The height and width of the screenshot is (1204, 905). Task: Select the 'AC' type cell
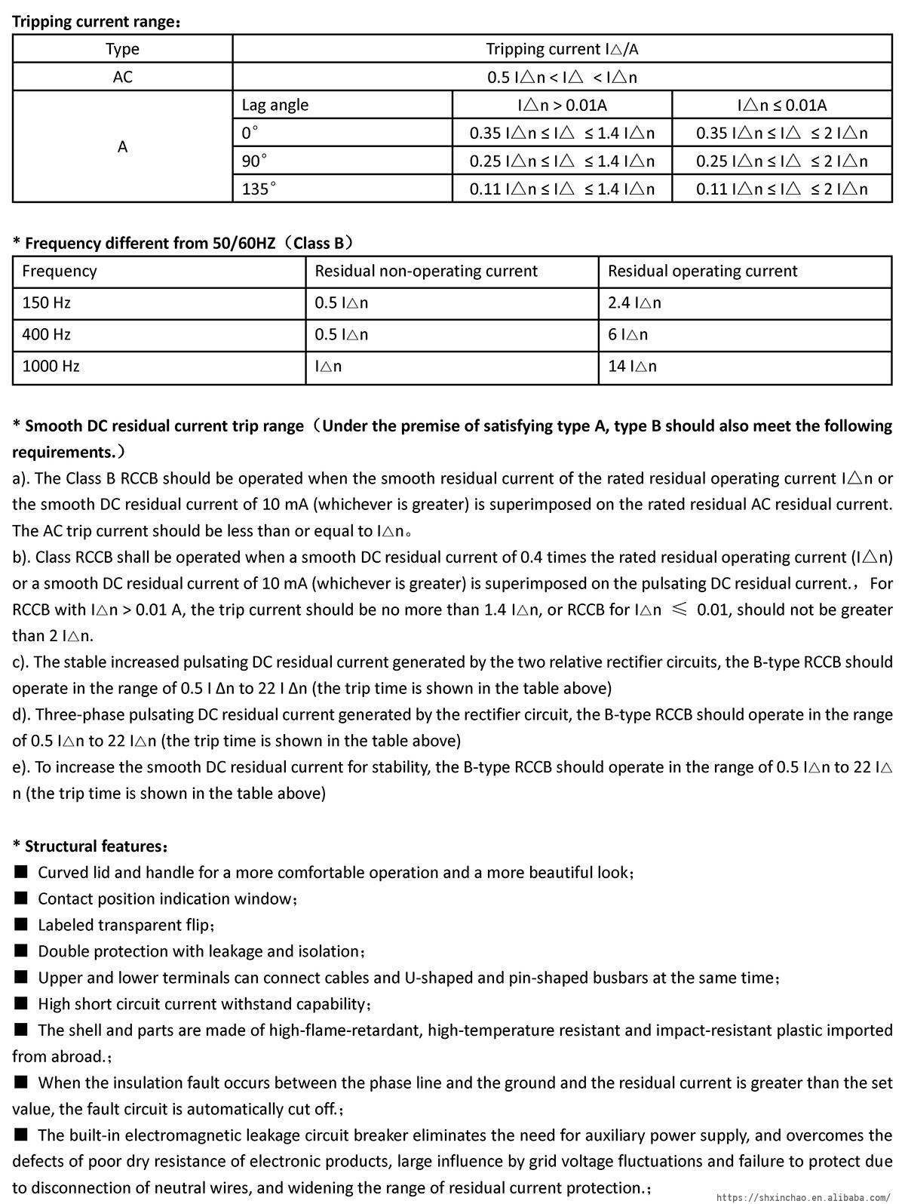click(x=122, y=77)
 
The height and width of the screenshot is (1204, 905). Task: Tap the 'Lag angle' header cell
click(x=275, y=105)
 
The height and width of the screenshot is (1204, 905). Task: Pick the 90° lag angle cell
click(x=255, y=161)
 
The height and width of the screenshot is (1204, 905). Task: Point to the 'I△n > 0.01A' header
click(x=562, y=105)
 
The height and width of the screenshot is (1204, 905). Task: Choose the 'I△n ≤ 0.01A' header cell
click(x=781, y=105)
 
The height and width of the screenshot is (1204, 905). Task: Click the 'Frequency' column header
click(x=60, y=271)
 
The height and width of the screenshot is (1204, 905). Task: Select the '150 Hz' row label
click(x=47, y=303)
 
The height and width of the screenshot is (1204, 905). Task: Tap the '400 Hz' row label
click(x=47, y=334)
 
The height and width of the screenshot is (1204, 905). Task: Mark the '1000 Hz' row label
click(x=51, y=366)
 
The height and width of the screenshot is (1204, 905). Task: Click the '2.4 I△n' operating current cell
click(x=634, y=303)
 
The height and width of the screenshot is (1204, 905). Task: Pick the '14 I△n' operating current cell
click(x=632, y=366)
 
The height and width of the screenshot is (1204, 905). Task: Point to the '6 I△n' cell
click(x=627, y=334)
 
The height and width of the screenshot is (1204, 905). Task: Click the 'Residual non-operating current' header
click(x=426, y=271)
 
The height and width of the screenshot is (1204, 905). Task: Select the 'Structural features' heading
click(x=90, y=846)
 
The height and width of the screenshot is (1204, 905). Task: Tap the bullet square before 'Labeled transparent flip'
click(x=21, y=924)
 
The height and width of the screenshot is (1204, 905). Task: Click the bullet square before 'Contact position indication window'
click(x=21, y=898)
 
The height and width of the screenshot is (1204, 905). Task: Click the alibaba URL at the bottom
click(x=802, y=1196)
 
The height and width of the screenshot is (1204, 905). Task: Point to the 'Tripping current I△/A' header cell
click(x=562, y=49)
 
